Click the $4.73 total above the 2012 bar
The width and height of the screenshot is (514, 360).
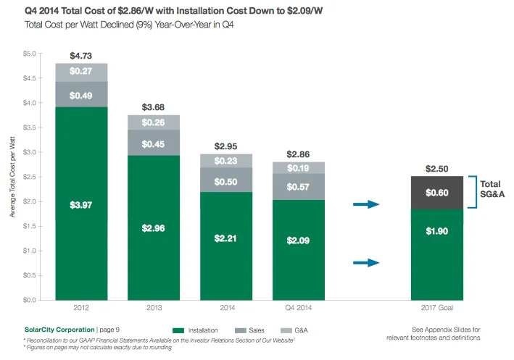coord(81,55)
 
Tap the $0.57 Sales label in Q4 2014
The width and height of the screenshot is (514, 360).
coord(299,187)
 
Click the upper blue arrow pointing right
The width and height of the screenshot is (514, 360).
coord(366,205)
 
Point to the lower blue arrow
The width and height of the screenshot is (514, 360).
coord(366,263)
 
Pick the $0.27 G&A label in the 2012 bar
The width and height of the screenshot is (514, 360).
coord(81,72)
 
